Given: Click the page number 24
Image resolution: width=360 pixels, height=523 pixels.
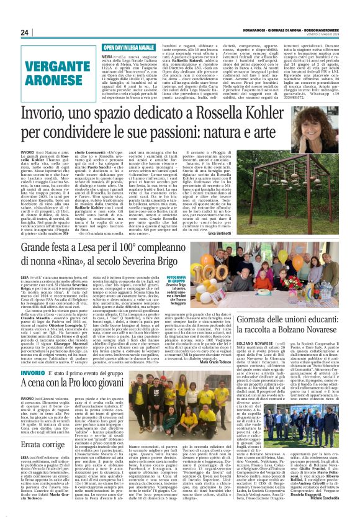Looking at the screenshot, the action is (x=25, y=32).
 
